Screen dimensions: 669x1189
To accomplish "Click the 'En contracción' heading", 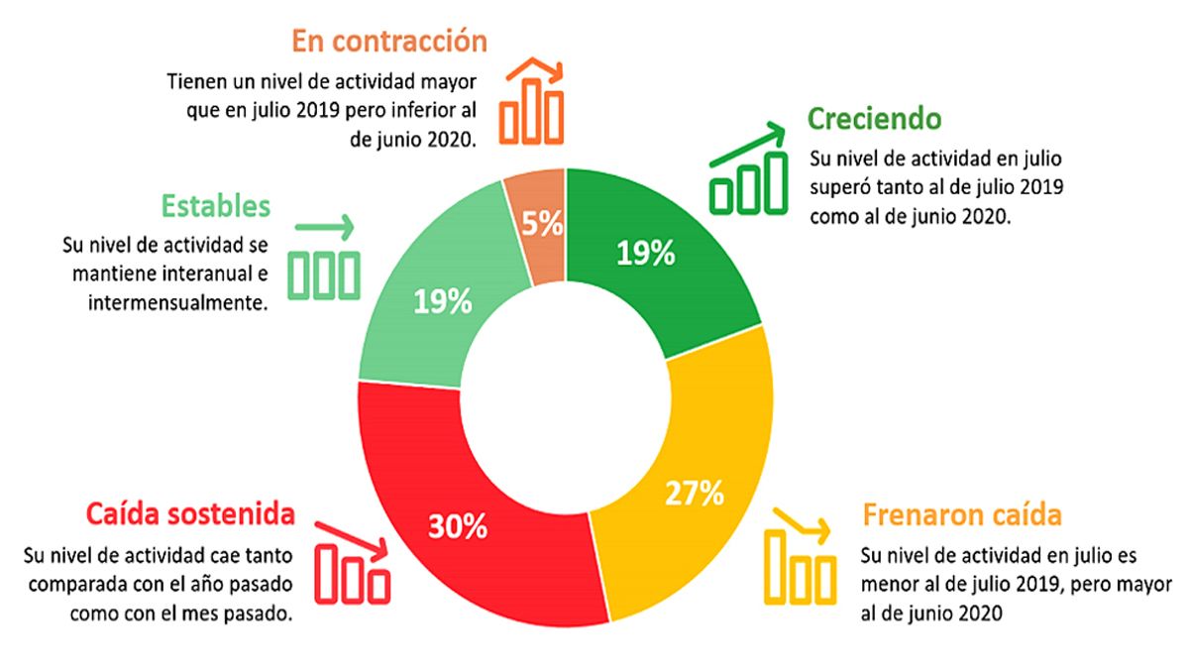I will point(389,42).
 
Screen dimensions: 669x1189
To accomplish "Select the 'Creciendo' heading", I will point(873,119).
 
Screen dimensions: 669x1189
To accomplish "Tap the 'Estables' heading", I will point(215,206).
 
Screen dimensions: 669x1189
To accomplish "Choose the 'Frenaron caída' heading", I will point(962,515).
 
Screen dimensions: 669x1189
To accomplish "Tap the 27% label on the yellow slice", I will point(695,492).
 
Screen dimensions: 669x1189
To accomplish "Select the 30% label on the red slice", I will point(458,526).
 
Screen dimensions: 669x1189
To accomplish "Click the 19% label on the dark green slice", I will point(645,254).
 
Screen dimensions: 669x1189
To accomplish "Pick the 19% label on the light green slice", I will point(443,301).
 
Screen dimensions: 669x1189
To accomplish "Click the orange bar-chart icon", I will point(532,104).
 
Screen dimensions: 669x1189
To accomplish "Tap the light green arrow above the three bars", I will point(324,228).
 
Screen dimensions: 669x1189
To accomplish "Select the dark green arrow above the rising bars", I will point(750,144).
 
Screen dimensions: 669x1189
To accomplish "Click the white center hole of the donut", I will point(565,397).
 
